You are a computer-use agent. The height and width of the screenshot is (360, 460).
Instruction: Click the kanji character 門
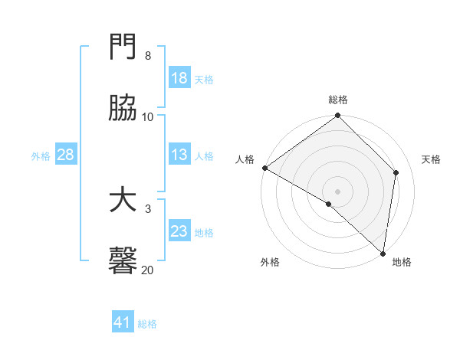click(123, 48)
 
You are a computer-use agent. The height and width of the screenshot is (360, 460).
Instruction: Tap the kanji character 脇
click(123, 109)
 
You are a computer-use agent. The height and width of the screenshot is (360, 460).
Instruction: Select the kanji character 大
click(123, 201)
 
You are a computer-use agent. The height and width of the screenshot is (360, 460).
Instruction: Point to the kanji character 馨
click(123, 261)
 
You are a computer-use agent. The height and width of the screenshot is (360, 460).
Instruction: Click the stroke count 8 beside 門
click(147, 56)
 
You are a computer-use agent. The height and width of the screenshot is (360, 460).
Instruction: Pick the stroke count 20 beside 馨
click(147, 270)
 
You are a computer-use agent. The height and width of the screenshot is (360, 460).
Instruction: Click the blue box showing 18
click(179, 78)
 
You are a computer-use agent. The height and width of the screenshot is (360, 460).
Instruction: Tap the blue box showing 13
click(179, 155)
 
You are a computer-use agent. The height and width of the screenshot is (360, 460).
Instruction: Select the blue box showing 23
click(179, 231)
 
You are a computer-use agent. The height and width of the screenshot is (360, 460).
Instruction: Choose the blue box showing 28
click(66, 155)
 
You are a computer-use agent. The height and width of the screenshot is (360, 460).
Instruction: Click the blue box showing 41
click(123, 323)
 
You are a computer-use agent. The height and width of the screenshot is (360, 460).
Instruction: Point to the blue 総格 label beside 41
click(147, 324)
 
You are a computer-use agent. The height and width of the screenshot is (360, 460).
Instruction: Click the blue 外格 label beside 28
click(41, 155)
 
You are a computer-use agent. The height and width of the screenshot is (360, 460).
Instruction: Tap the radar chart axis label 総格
click(338, 100)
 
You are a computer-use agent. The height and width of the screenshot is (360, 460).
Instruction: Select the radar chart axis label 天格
click(432, 159)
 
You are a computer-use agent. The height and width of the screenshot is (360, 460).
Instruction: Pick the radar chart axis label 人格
click(245, 159)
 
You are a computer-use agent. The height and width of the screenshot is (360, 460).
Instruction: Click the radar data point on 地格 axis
click(383, 253)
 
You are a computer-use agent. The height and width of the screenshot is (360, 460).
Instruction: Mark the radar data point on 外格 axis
click(329, 204)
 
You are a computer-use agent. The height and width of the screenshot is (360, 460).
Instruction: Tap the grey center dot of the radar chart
click(338, 191)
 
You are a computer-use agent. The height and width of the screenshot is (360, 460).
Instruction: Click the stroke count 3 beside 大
click(147, 208)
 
